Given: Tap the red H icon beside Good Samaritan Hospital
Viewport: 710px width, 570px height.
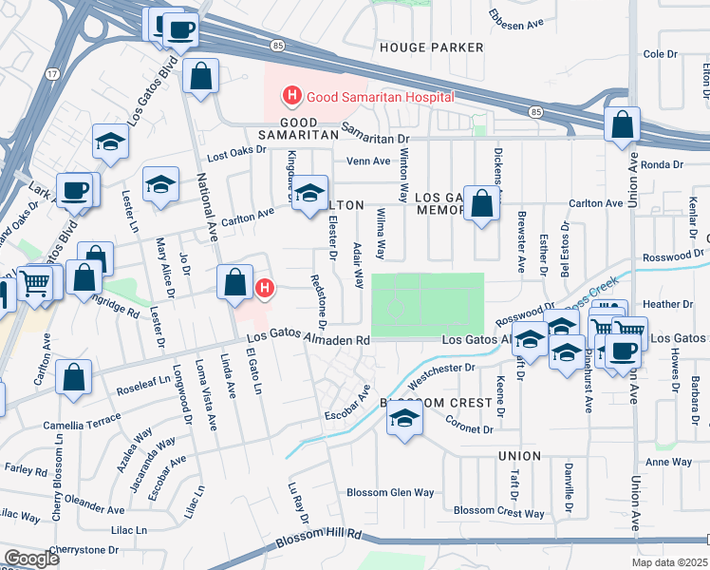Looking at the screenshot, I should (x=292, y=96).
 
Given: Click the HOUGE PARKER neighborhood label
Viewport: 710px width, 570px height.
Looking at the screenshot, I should (x=431, y=47).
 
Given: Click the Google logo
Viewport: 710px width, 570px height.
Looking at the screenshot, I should (x=31, y=559).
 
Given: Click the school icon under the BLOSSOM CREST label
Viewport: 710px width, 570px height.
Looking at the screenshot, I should (x=404, y=420).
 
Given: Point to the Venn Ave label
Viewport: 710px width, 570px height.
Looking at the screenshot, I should (x=368, y=161).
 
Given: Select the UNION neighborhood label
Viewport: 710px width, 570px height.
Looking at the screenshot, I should (x=519, y=456).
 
